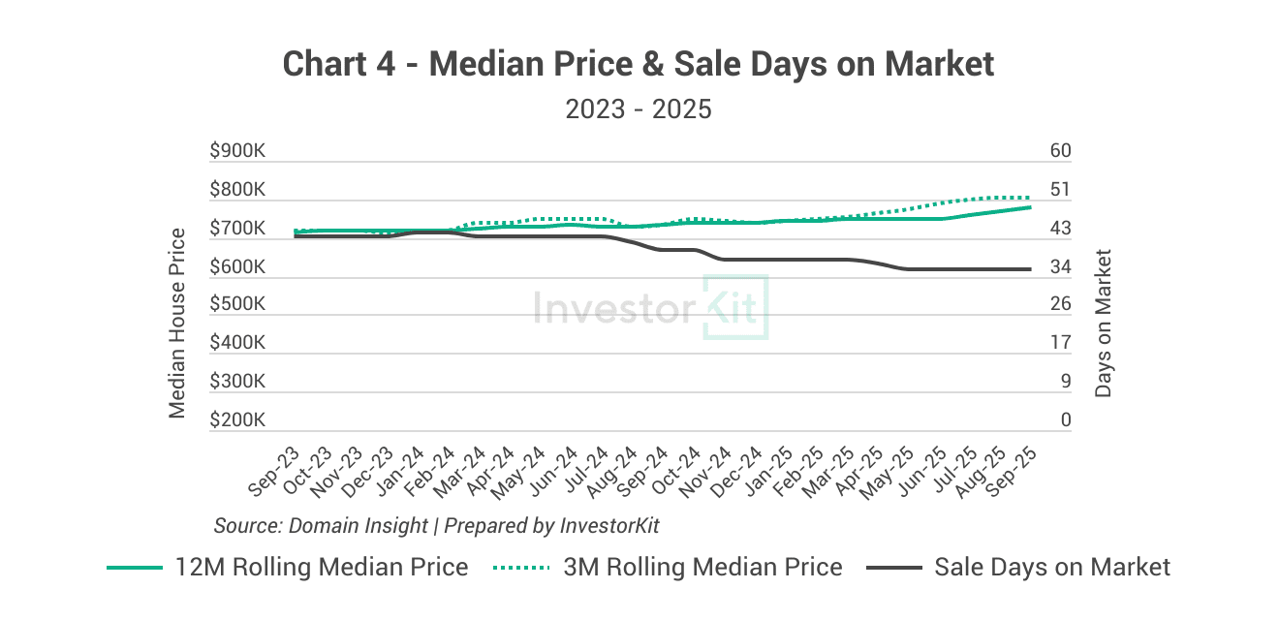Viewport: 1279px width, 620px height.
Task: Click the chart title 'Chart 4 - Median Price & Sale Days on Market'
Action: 639,64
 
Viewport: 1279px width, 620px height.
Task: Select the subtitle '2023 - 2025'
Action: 639,108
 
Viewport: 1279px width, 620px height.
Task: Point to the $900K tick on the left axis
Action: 237,151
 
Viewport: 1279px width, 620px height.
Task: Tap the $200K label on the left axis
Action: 237,420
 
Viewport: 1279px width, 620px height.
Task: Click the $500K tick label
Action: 237,304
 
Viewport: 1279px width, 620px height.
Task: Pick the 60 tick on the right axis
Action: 1060,151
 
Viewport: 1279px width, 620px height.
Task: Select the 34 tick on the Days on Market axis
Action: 1060,266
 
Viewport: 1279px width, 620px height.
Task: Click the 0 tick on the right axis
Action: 1066,420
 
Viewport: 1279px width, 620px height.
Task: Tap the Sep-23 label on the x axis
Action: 274,472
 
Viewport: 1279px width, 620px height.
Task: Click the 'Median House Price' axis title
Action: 177,323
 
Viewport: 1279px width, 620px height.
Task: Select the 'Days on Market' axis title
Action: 1103,323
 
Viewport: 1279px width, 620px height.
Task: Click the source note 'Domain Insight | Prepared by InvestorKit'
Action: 436,525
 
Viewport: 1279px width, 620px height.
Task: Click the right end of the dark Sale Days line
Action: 1030,269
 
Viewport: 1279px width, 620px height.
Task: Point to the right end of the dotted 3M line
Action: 1030,198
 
